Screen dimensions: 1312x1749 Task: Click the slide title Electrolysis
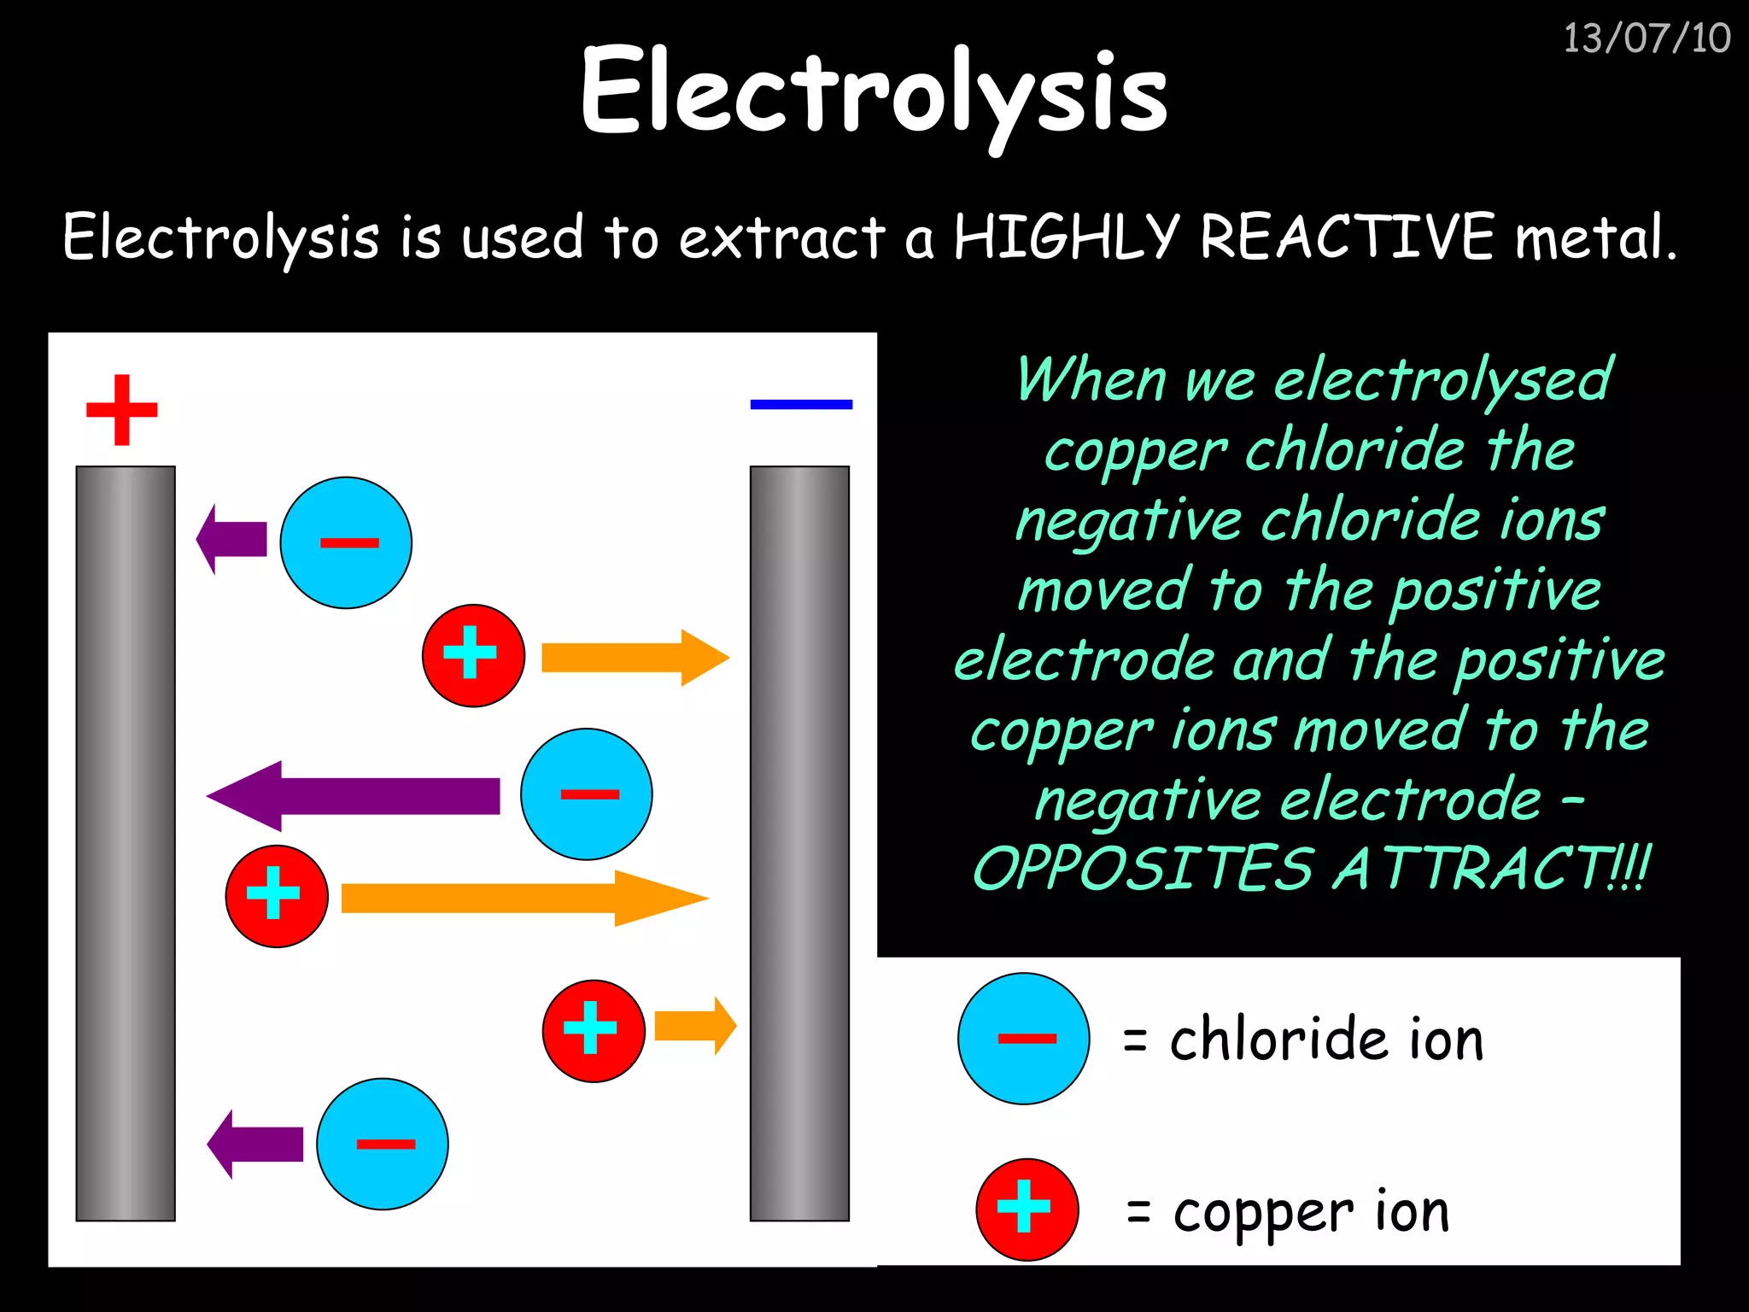point(873,92)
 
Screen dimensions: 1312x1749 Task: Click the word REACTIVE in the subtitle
point(1347,237)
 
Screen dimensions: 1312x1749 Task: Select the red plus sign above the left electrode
point(122,410)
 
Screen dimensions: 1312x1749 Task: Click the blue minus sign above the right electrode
point(801,404)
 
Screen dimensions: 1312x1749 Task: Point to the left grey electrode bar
point(126,843)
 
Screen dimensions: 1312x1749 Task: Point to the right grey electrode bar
point(799,843)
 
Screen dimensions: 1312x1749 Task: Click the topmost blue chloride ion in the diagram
point(346,542)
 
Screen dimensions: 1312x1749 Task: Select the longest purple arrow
point(354,796)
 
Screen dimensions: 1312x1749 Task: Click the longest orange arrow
point(523,899)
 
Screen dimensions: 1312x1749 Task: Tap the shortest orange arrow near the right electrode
point(694,1025)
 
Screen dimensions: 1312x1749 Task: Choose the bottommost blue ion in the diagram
point(383,1144)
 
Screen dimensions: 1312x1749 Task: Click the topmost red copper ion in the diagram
point(473,655)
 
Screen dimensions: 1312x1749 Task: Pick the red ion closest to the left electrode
point(277,896)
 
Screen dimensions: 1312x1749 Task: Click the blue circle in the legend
point(1023,1039)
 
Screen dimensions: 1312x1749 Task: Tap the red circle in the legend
point(1027,1209)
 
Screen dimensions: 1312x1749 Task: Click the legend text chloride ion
point(1325,1040)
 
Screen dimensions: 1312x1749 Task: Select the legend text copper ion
point(1311,1211)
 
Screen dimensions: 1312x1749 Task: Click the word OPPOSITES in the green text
point(1143,869)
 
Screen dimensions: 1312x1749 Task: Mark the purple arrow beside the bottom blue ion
point(256,1145)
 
